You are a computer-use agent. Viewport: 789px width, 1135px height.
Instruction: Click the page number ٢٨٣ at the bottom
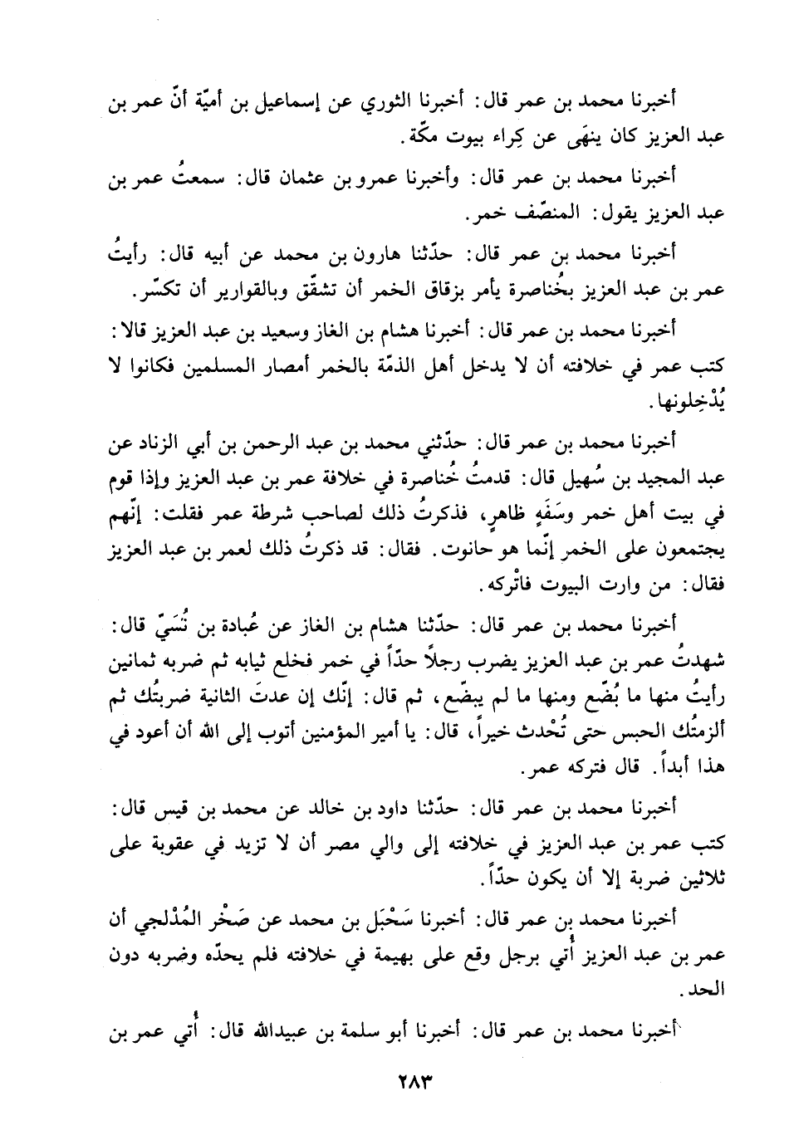[x=394, y=1083]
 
